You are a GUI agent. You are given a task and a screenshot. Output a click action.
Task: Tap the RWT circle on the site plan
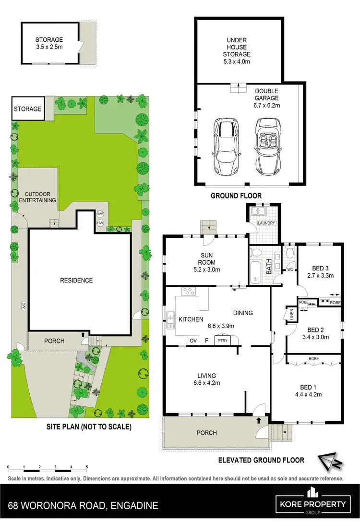(x=100, y=214)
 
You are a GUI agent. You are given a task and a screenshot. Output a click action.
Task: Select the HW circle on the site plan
(x=100, y=223)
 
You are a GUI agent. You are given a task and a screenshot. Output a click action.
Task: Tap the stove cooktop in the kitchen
(x=187, y=291)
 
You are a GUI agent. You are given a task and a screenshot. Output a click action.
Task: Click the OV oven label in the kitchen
(x=193, y=341)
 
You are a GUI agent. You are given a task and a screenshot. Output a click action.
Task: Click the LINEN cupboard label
(x=290, y=314)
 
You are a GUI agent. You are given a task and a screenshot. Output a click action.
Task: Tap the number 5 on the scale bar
(x=87, y=467)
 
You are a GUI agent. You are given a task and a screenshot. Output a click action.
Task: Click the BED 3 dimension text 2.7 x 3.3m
(x=320, y=276)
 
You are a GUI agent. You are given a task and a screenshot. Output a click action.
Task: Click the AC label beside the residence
(x=23, y=305)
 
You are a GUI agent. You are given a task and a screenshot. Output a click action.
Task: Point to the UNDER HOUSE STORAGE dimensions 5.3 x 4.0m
(x=237, y=61)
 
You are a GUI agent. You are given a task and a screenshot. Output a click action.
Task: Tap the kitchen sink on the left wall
(x=170, y=317)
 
